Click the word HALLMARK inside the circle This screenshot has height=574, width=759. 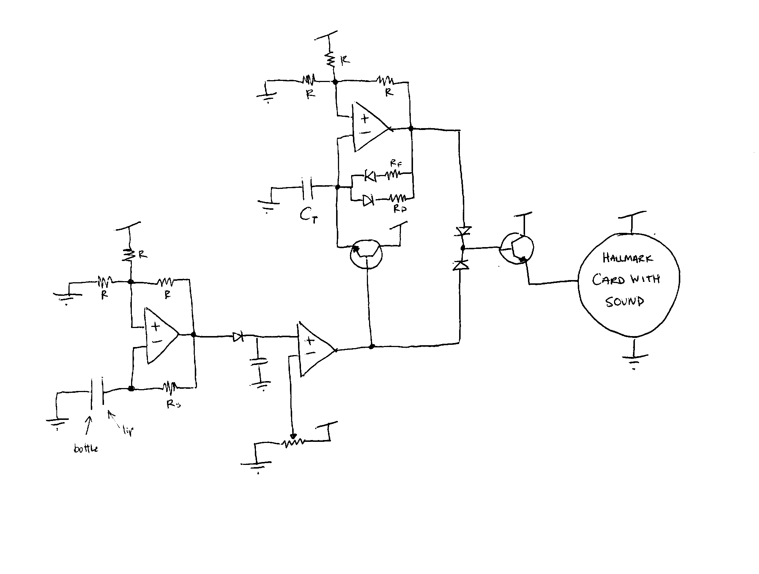(x=627, y=258)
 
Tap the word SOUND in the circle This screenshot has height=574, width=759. (x=625, y=302)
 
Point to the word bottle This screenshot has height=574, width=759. (x=86, y=448)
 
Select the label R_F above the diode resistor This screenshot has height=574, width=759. (x=395, y=163)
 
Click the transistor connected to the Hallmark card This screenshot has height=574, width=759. (x=517, y=249)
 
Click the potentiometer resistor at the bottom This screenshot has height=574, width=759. (x=293, y=443)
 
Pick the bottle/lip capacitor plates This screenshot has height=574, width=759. (x=97, y=391)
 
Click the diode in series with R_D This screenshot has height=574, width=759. (x=368, y=200)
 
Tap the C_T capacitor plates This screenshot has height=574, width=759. (x=307, y=187)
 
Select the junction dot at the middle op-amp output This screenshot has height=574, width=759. (x=372, y=346)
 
